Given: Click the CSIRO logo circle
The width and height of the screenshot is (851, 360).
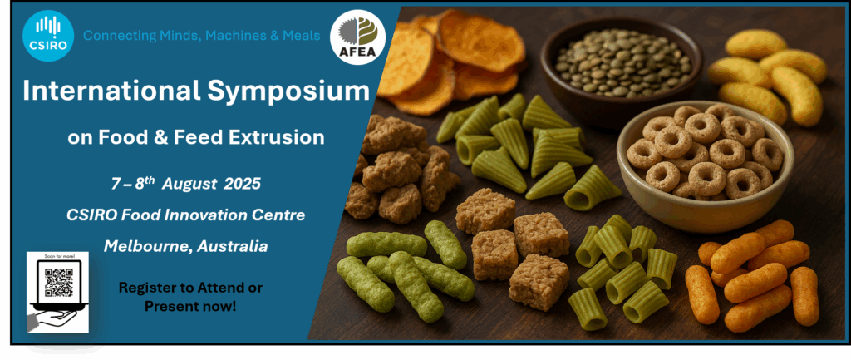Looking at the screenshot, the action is pyautogui.click(x=48, y=36).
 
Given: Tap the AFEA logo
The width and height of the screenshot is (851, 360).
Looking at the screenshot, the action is pyautogui.click(x=357, y=37).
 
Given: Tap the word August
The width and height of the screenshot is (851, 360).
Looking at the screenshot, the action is pyautogui.click(x=189, y=184).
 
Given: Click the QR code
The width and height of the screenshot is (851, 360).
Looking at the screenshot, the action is pyautogui.click(x=59, y=283).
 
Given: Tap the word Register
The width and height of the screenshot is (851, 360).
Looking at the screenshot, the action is pyautogui.click(x=141, y=288).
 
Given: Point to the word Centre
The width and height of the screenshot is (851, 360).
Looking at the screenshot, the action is pyautogui.click(x=283, y=215).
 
